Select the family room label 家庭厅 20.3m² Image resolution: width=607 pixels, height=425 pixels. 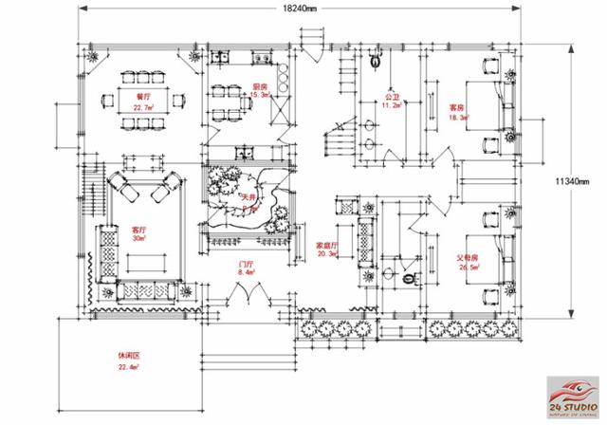[x=329, y=249]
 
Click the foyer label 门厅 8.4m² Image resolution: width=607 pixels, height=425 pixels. [x=245, y=268]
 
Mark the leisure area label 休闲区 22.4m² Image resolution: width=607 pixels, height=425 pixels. [x=129, y=361]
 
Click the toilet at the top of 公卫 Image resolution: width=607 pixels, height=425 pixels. [x=377, y=60]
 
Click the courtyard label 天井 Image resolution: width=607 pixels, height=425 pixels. [x=248, y=199]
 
